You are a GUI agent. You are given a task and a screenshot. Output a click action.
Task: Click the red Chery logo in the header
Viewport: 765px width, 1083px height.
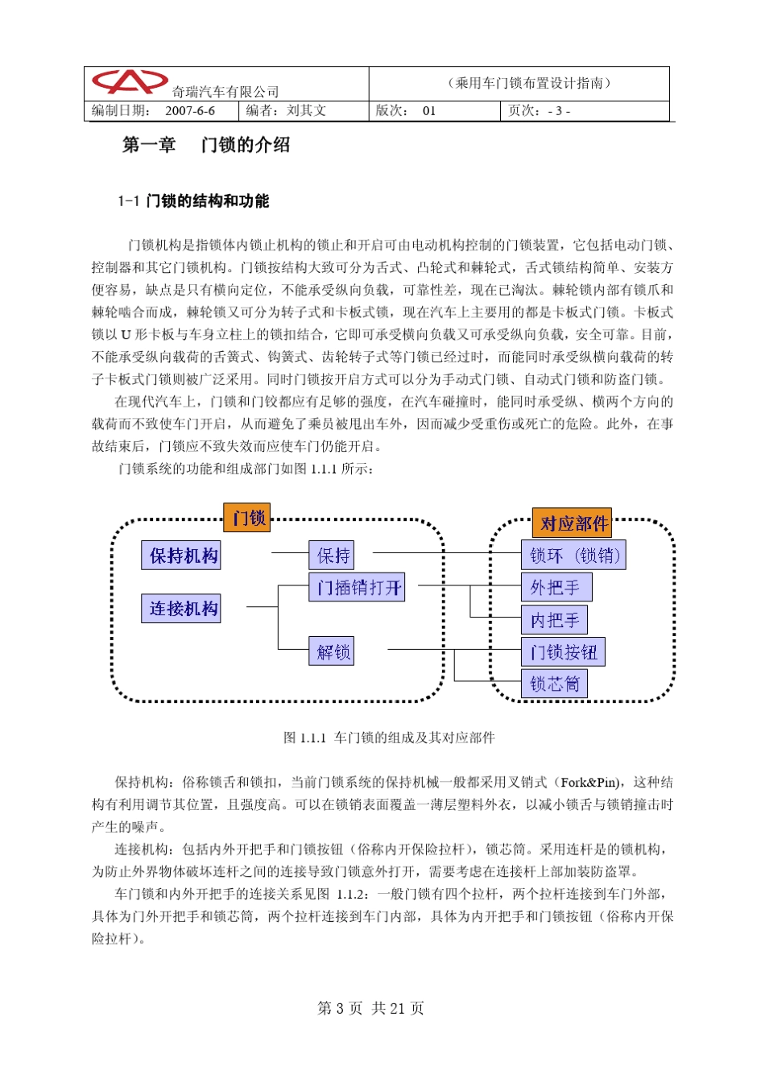[129, 82]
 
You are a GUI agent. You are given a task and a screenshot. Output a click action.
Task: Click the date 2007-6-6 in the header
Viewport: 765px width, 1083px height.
[190, 111]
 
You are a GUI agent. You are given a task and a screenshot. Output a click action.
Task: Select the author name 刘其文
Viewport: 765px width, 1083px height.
[306, 111]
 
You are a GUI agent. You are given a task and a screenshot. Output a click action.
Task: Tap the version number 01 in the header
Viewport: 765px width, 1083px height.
[428, 111]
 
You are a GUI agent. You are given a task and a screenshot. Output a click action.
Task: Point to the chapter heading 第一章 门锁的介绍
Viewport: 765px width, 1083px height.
[205, 145]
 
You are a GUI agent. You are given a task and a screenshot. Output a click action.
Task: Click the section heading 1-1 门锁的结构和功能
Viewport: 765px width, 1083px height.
[193, 201]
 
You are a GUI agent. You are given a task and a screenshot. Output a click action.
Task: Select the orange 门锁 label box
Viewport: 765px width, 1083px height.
[247, 517]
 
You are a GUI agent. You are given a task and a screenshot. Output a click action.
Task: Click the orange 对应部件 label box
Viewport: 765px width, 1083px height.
[572, 523]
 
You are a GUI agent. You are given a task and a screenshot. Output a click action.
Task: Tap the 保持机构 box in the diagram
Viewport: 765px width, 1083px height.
[182, 556]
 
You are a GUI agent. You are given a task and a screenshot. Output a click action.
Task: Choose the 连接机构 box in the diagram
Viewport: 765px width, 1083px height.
[182, 609]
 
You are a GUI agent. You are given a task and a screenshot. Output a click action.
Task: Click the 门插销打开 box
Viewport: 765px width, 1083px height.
[358, 588]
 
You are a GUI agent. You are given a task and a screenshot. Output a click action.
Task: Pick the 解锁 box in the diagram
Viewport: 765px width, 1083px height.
[332, 651]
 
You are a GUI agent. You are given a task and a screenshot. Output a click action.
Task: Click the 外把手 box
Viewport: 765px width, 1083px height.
[556, 588]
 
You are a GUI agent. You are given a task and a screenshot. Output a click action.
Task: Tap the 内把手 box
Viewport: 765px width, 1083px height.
[554, 620]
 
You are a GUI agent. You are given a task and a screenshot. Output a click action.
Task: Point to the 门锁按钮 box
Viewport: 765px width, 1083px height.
[563, 652]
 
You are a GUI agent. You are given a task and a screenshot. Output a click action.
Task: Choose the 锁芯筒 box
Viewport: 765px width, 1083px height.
[554, 684]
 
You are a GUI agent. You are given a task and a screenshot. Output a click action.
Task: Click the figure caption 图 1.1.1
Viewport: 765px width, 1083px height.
[389, 738]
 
